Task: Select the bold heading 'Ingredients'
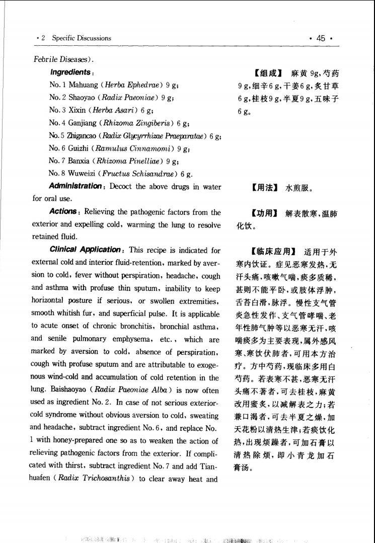(x=70, y=73)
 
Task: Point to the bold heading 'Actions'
(x=62, y=212)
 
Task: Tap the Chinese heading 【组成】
(x=267, y=74)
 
